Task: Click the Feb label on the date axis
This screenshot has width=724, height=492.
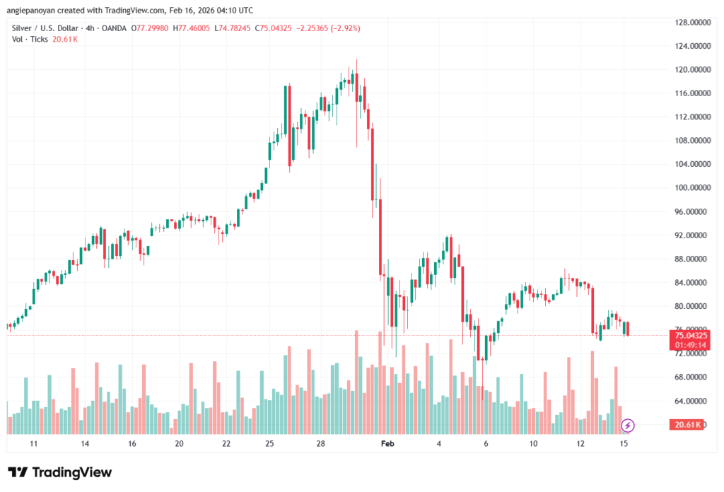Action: [x=386, y=443]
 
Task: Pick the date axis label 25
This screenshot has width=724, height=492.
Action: [x=269, y=443]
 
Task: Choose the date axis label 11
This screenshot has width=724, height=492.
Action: [x=33, y=443]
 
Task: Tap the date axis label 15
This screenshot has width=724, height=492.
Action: [x=624, y=443]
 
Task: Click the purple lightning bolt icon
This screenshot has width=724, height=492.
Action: [x=628, y=425]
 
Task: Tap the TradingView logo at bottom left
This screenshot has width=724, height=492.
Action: [x=59, y=472]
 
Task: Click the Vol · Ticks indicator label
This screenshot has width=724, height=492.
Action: [x=30, y=39]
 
